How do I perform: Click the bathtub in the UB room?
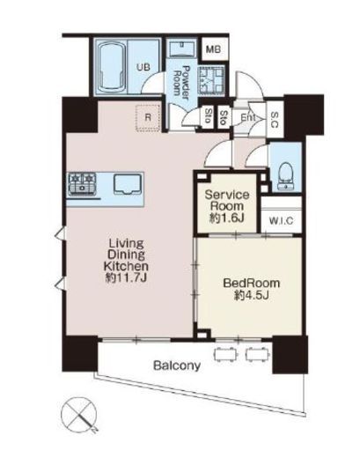coord(111,66)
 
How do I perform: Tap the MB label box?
coord(213,49)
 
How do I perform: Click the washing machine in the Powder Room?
coord(211,80)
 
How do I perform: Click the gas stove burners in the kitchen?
coord(82,184)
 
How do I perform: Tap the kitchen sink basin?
coord(128,184)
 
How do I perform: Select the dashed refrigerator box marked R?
coord(148,118)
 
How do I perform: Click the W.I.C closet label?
coord(281,221)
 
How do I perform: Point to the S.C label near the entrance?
coord(274,120)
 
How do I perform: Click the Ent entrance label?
coord(248,118)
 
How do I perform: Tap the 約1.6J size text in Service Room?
coord(227,218)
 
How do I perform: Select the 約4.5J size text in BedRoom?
coord(252,295)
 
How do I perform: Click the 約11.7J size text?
coord(126,277)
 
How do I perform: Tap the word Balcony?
coord(177,366)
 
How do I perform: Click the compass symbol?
coord(79,415)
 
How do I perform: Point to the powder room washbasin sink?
coord(182,48)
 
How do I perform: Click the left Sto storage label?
coord(209,116)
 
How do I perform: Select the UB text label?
coord(143,67)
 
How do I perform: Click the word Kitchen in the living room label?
coord(126,266)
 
